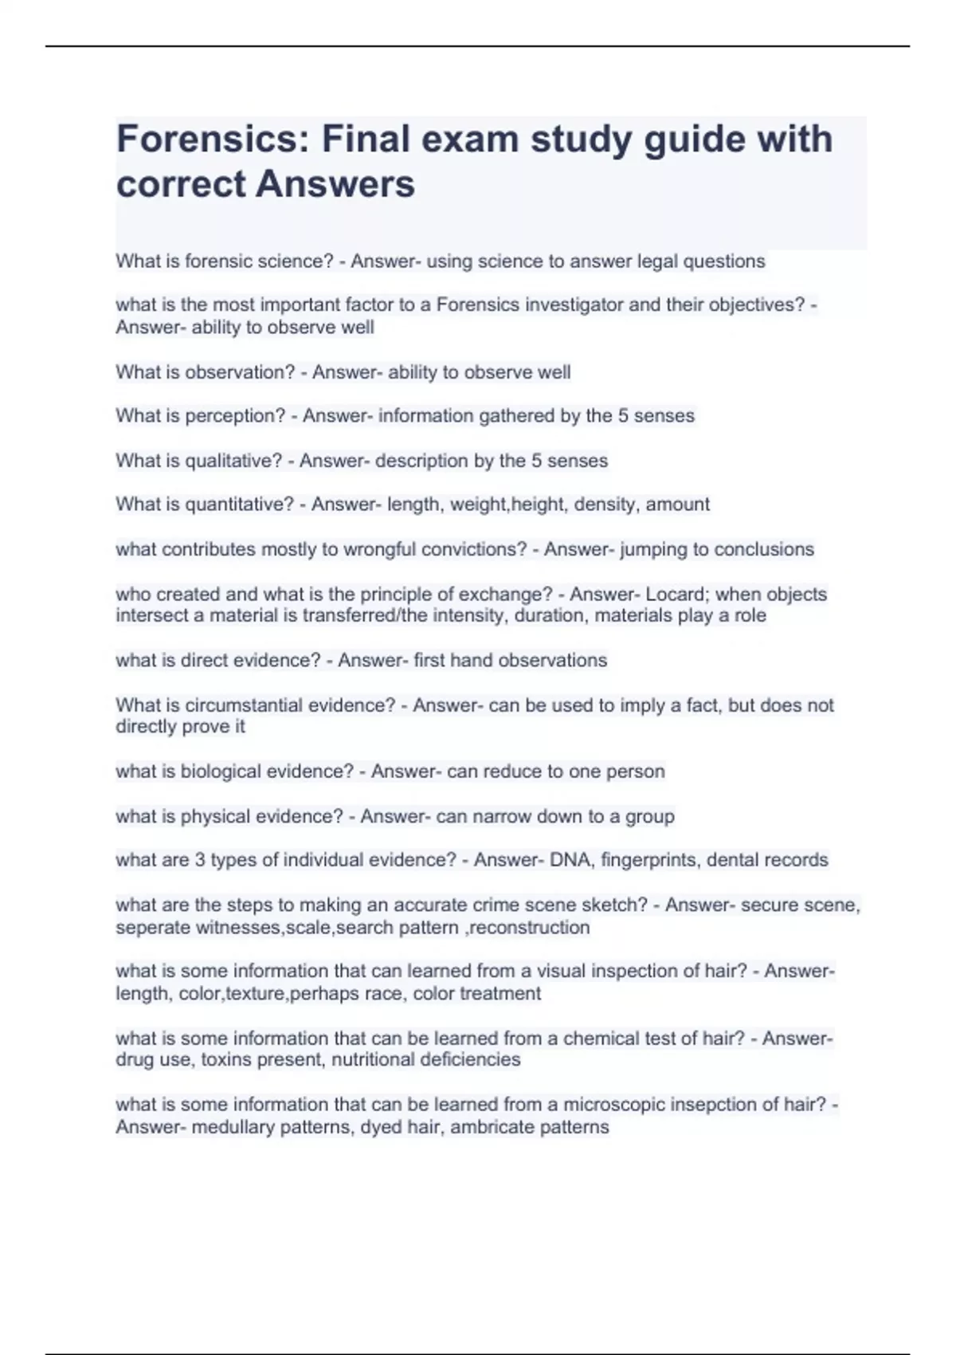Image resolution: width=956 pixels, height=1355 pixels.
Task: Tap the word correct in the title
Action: pyautogui.click(x=181, y=184)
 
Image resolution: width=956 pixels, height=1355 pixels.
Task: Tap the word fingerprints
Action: pyautogui.click(x=648, y=860)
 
